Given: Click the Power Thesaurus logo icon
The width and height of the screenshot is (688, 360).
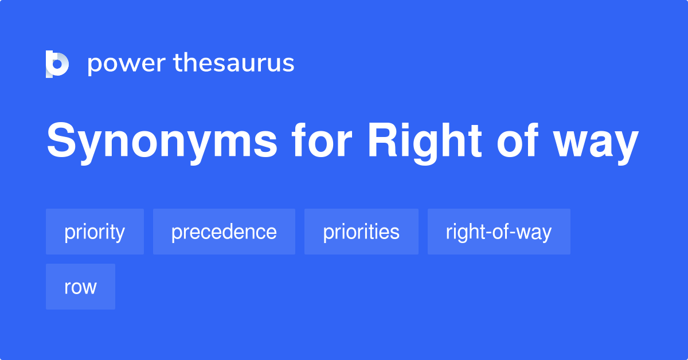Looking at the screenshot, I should click(x=57, y=64).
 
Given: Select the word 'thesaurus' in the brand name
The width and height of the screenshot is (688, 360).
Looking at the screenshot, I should click(x=234, y=63).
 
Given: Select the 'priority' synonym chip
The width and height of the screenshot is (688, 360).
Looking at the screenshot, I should click(x=95, y=232).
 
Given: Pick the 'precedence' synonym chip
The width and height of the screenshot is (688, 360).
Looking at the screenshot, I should click(x=224, y=232).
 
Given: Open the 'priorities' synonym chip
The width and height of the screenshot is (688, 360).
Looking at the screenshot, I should click(x=361, y=232).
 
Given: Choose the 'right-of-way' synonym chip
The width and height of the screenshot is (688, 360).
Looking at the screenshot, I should click(x=499, y=232).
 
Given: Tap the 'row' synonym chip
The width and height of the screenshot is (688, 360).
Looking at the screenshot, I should click(x=80, y=287).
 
